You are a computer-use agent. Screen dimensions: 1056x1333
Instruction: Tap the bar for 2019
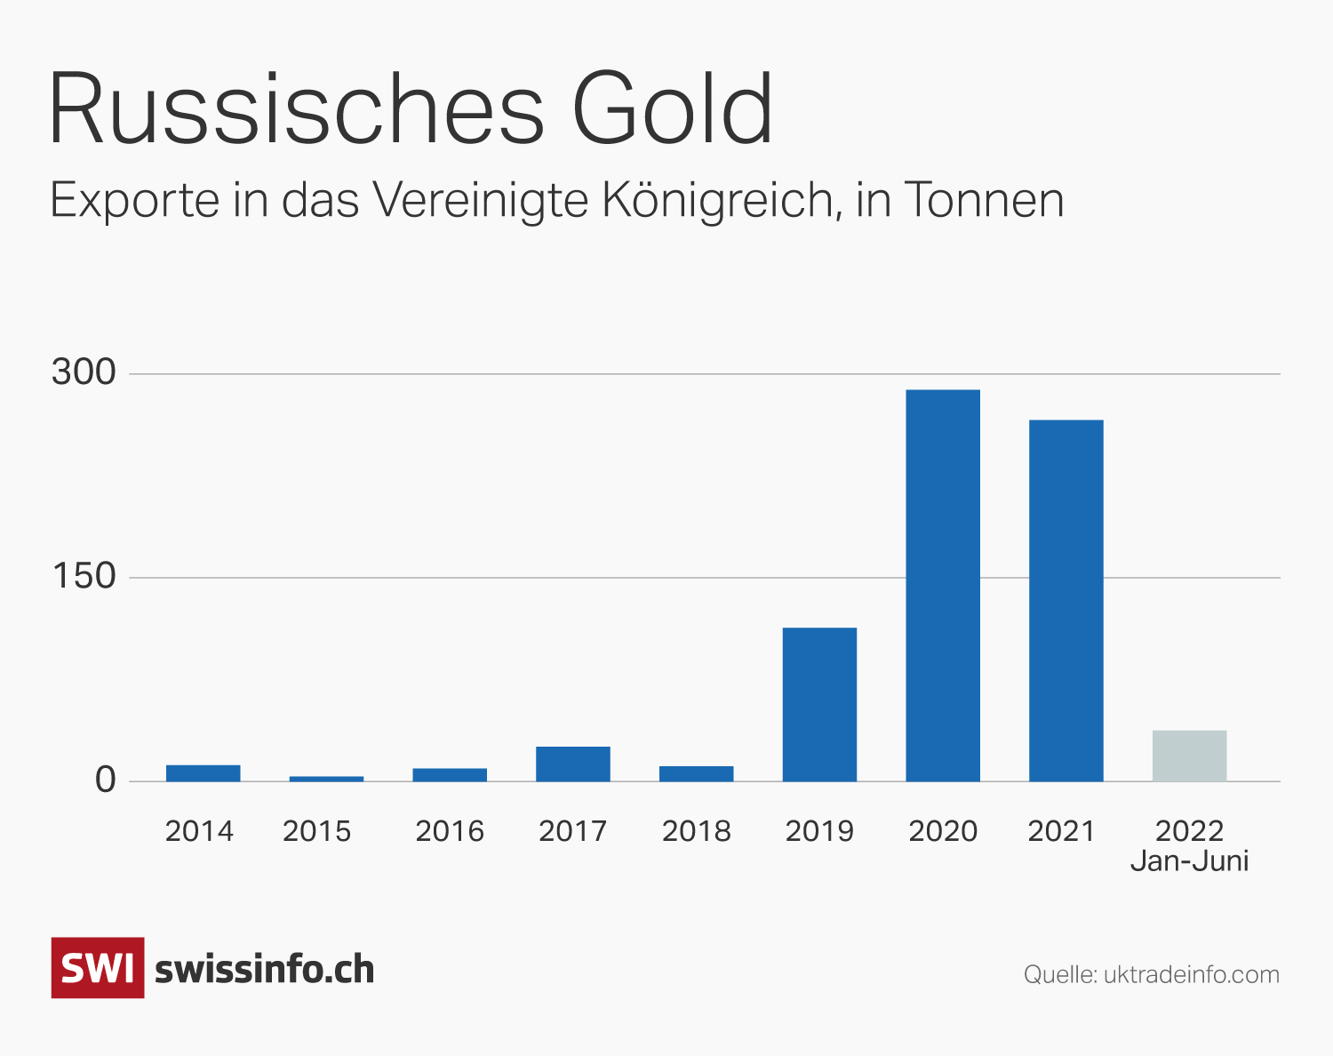coord(819,704)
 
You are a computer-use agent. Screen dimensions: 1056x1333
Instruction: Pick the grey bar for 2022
coord(1189,756)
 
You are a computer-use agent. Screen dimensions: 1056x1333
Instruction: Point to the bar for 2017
coord(573,764)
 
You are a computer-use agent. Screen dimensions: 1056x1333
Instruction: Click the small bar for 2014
coord(203,772)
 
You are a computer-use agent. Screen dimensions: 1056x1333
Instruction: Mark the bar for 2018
coord(696,773)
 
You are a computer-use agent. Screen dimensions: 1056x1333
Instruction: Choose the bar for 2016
coord(450,774)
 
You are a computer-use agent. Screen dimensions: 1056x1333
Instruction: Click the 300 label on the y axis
coord(84,372)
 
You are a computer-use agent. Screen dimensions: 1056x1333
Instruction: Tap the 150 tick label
coord(84,576)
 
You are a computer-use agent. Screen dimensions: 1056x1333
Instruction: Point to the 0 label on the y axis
coord(106,780)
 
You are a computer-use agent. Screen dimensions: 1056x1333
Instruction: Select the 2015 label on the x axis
coord(317,831)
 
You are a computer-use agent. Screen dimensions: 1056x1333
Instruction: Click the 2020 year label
coord(943,831)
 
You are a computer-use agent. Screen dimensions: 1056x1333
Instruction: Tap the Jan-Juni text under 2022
coord(1189,861)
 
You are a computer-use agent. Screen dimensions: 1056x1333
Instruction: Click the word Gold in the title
coord(673,108)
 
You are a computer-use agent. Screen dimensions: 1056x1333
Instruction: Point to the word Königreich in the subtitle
coord(721,200)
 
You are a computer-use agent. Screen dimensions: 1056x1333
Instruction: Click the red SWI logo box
coord(98,968)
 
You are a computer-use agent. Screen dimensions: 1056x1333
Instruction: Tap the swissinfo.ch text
coord(265,970)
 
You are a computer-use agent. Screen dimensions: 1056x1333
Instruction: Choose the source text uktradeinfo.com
coord(1191,974)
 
